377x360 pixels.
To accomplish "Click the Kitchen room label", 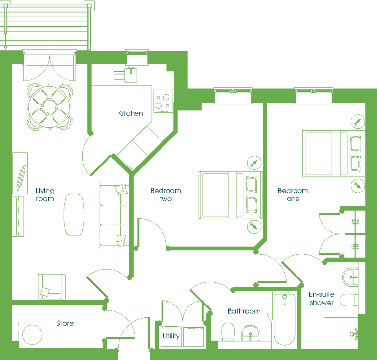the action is [x=131, y=113].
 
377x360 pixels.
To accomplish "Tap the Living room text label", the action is [x=45, y=195].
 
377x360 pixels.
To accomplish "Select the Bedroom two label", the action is [x=165, y=194].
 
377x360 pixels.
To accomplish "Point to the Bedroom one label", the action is [x=293, y=194].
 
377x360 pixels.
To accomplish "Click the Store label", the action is [x=65, y=323].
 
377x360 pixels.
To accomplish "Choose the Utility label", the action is [x=171, y=336].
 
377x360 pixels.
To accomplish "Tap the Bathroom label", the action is [x=244, y=311].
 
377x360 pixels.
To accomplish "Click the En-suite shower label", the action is [x=322, y=298].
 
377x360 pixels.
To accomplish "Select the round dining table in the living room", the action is [x=49, y=106].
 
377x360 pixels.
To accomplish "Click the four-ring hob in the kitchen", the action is [x=163, y=102].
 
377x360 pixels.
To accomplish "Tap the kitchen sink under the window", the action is [x=131, y=75].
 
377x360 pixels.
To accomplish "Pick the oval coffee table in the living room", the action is [x=74, y=215].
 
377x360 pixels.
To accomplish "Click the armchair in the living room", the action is [x=52, y=286].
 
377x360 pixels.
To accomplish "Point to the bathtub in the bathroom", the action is [x=284, y=319].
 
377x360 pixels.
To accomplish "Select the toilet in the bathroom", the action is [x=228, y=332].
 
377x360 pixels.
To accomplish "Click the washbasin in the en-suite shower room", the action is [x=350, y=277].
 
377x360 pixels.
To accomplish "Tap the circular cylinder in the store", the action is [x=32, y=334].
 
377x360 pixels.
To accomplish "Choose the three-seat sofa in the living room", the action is [x=114, y=215].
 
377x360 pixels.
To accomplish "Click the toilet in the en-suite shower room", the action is [x=349, y=300].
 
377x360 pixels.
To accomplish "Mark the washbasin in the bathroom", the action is [x=250, y=333].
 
